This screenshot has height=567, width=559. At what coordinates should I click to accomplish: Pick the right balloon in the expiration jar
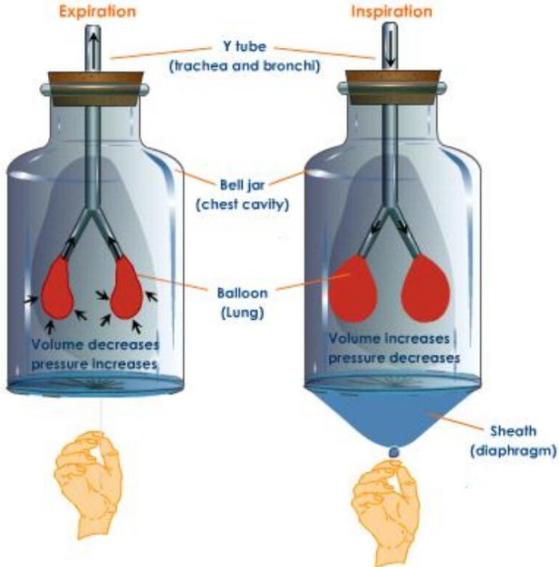pos(127,286)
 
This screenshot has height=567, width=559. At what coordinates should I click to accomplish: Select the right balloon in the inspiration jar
pos(430,287)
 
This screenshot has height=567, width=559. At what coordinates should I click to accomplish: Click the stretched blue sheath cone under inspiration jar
pos(393,415)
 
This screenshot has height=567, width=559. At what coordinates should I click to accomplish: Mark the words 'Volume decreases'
pos(95,345)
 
